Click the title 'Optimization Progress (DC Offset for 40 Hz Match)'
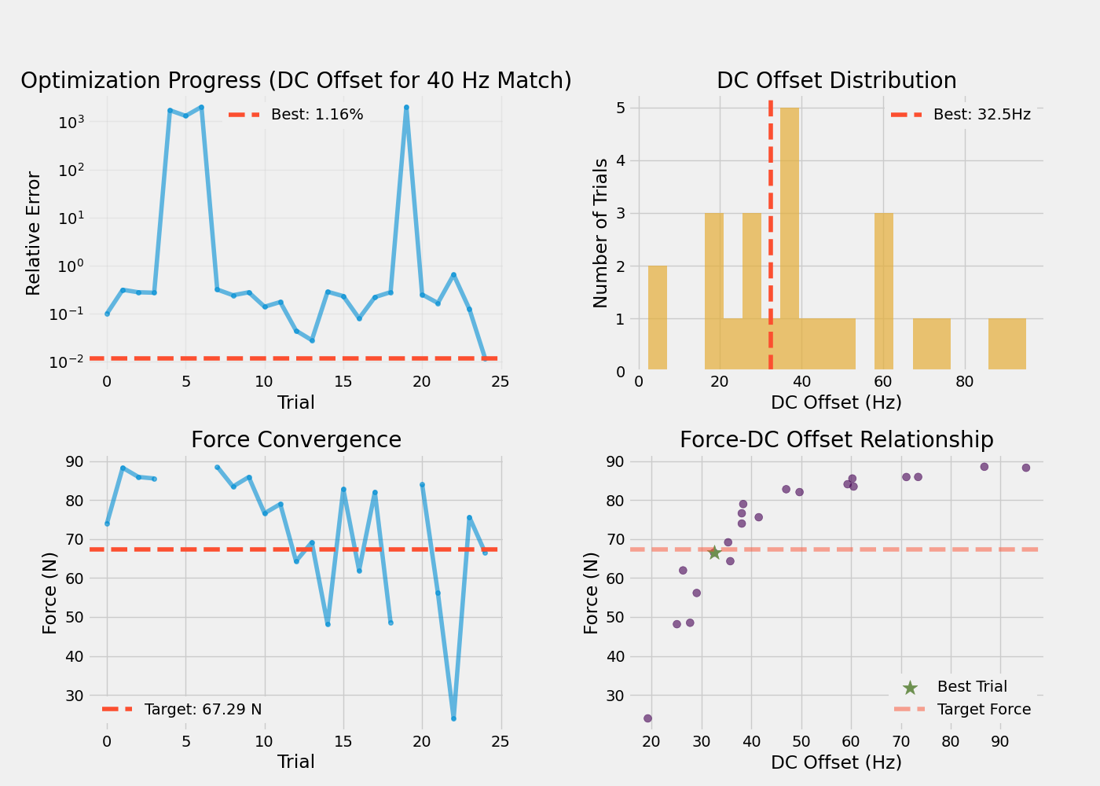pos(296,81)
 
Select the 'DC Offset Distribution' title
pos(836,81)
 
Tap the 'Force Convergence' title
pos(296,440)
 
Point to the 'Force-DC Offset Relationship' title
pos(836,440)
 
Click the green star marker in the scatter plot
pos(714,553)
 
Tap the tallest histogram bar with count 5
pos(790,238)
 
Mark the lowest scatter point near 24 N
pos(647,718)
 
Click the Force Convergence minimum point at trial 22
pos(453,718)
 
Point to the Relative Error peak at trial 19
pos(406,107)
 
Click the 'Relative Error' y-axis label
pos(33,233)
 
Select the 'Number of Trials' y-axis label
pos(601,233)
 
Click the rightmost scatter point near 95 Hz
pos(1025,468)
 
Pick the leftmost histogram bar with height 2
pos(658,318)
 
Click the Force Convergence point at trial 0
pos(107,523)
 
